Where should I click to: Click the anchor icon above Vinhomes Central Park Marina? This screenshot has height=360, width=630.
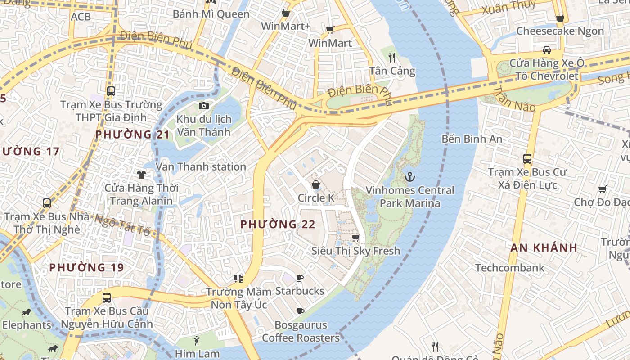409,177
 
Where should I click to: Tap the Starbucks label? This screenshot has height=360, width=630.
300,291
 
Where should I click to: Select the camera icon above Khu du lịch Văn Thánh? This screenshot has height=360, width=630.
204,106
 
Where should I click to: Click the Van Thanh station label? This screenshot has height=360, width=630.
201,167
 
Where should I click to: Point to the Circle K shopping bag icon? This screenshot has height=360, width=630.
316,184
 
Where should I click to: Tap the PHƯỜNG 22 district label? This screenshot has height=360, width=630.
278,224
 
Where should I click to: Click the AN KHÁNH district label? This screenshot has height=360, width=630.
544,247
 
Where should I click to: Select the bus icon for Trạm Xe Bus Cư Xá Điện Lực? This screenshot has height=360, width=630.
527,158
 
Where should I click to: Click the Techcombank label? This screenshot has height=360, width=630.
510,268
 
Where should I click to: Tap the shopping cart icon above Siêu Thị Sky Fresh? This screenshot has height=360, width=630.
355,237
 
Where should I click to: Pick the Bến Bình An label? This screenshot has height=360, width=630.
472,139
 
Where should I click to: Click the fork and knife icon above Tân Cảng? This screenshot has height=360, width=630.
391,57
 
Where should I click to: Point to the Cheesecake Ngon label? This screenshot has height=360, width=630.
560,31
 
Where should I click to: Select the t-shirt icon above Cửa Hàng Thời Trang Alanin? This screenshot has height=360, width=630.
141,174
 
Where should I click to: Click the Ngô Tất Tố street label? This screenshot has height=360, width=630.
121,225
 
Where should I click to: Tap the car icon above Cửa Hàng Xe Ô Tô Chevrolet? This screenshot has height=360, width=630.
546,49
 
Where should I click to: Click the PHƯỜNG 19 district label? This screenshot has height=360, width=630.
86,268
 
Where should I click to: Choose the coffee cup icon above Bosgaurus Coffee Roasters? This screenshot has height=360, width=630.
300,311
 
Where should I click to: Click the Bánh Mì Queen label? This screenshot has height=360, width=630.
211,14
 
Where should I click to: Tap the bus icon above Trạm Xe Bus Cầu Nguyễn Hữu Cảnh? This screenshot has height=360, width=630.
107,297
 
